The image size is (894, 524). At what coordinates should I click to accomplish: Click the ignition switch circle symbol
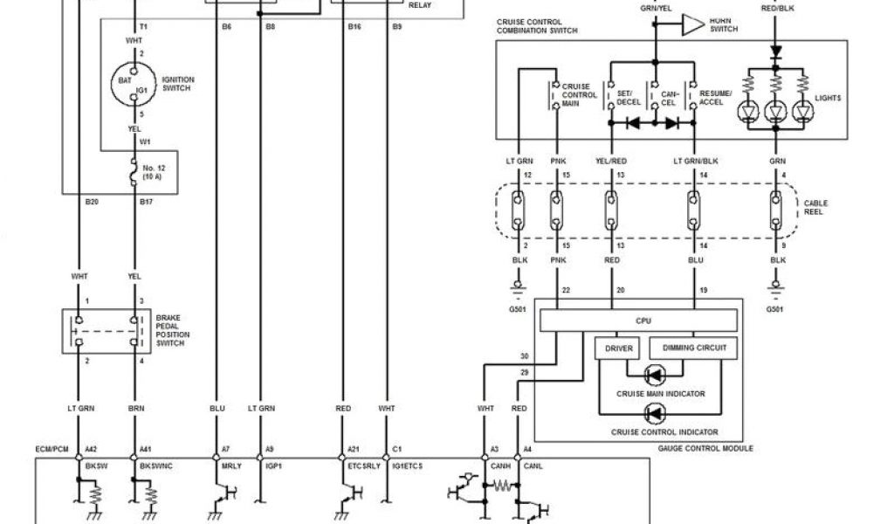(132, 86)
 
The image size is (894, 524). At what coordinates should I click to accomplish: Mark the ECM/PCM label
(51, 450)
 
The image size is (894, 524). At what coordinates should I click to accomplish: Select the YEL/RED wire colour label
(609, 161)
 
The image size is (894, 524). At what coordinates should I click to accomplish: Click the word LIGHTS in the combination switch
(829, 99)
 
